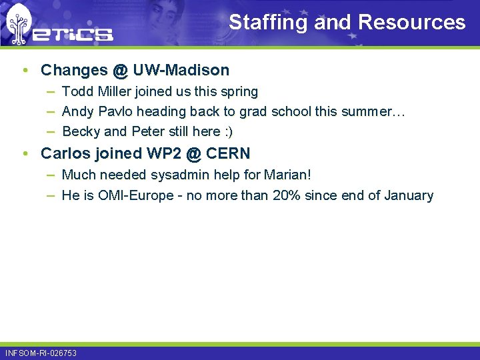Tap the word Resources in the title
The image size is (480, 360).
[x=411, y=23]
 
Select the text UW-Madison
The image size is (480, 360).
[x=181, y=70]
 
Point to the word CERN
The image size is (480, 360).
[x=228, y=153]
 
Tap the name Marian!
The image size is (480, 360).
[x=287, y=175]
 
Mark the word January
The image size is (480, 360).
[x=407, y=195]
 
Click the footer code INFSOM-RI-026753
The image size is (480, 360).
[x=41, y=353]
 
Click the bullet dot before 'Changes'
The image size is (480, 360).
[x=25, y=71]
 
